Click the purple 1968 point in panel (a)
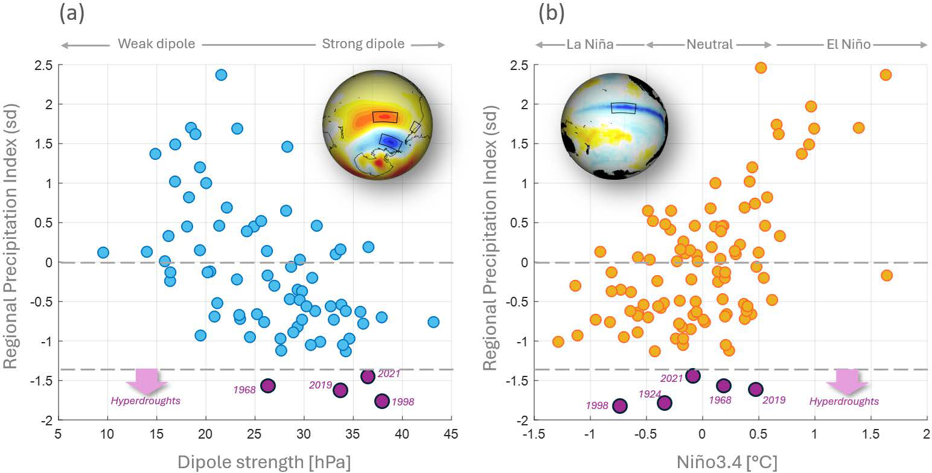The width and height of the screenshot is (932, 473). tap(267, 386)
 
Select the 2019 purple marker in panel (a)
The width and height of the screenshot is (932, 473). tap(340, 390)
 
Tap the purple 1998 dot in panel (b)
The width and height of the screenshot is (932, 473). tap(620, 405)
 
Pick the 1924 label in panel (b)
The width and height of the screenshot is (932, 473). tap(651, 393)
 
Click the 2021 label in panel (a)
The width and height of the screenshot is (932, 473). tap(389, 374)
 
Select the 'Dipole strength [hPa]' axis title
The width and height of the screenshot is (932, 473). tap(264, 461)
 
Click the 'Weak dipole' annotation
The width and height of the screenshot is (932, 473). tap(156, 44)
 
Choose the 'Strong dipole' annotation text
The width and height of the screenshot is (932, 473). tap(363, 44)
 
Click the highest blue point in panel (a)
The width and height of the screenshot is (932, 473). tap(221, 75)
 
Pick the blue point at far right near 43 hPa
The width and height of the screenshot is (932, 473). tap(433, 322)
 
